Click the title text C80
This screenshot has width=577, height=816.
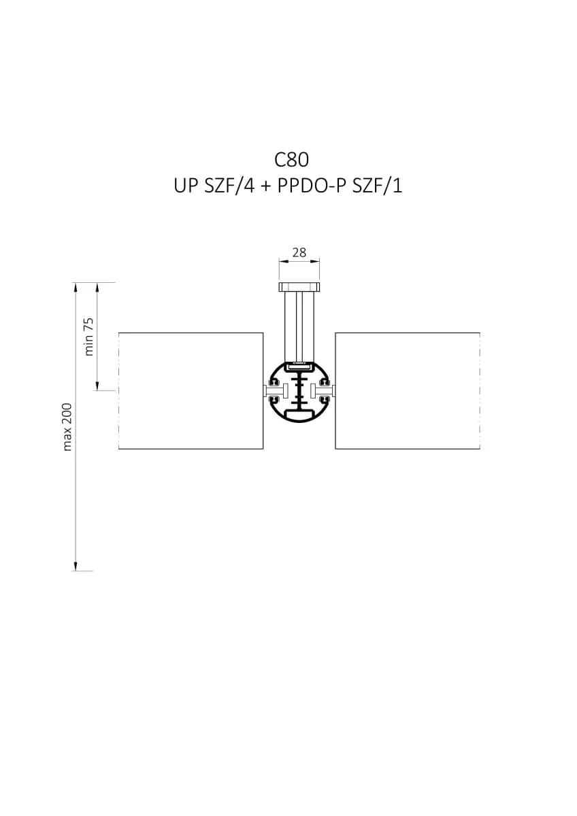pyautogui.click(x=291, y=160)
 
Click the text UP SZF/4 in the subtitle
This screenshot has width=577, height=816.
pyautogui.click(x=214, y=186)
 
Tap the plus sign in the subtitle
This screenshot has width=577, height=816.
pyautogui.click(x=266, y=187)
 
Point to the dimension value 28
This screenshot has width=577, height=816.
pyautogui.click(x=299, y=252)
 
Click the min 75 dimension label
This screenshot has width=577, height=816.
pyautogui.click(x=89, y=337)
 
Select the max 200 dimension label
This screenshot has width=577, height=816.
pyautogui.click(x=67, y=427)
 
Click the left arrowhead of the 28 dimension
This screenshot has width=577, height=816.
pyautogui.click(x=283, y=261)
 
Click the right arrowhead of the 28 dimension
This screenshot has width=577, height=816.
pyautogui.click(x=316, y=261)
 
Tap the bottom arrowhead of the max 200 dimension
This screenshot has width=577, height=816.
pyautogui.click(x=76, y=566)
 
